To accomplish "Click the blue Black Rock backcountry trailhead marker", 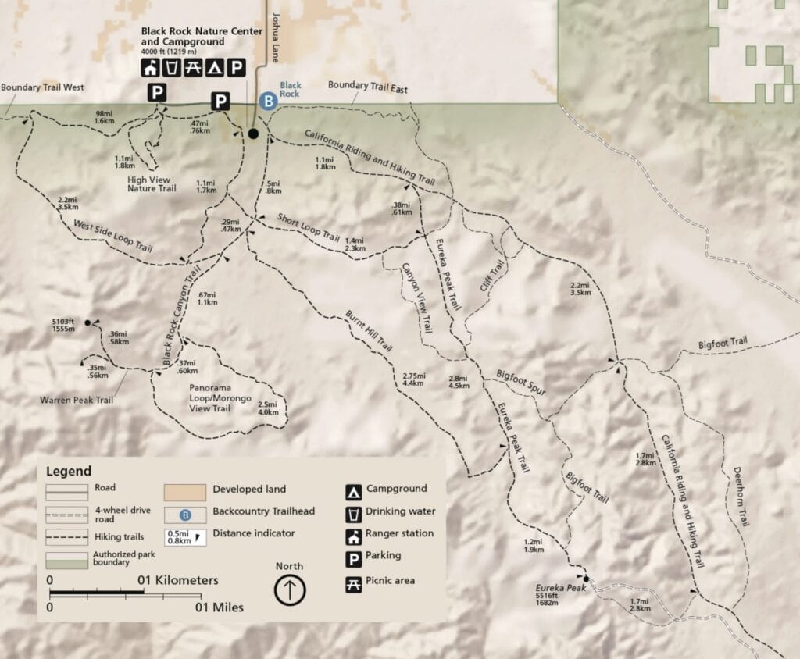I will coord(268,101).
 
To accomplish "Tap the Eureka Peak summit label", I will coord(555,586).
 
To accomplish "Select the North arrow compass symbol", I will coord(290,590).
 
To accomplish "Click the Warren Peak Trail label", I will coord(77,401).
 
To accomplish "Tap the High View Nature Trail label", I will coord(152,183).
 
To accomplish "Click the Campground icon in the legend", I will coord(354,491).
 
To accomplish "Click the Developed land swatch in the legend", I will coord(184,492).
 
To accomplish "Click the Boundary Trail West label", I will coord(42,87).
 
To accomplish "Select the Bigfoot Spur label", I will coord(521,380).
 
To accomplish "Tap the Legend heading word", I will coord(69,471).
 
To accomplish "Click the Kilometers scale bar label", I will coord(179,581).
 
